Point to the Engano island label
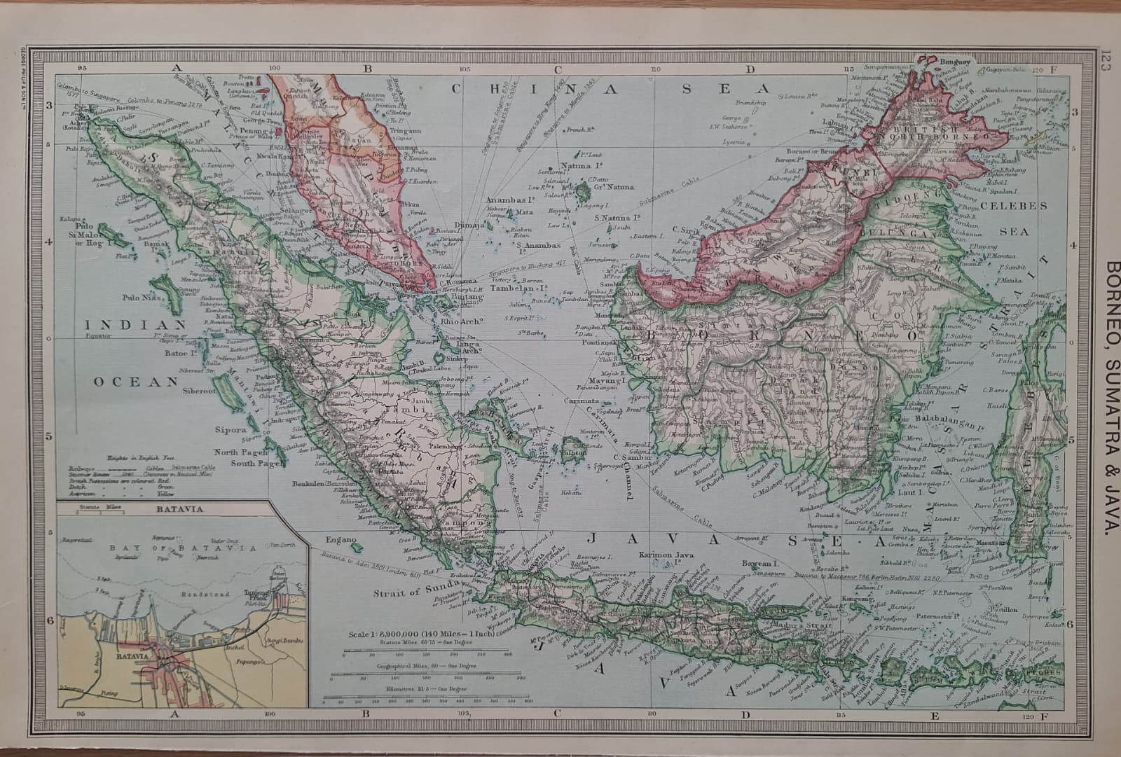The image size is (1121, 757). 342,540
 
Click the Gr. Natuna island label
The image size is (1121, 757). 614,187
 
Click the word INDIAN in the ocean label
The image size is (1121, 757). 136,325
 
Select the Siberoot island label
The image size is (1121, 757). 200,391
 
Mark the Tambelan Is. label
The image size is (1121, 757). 518,288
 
